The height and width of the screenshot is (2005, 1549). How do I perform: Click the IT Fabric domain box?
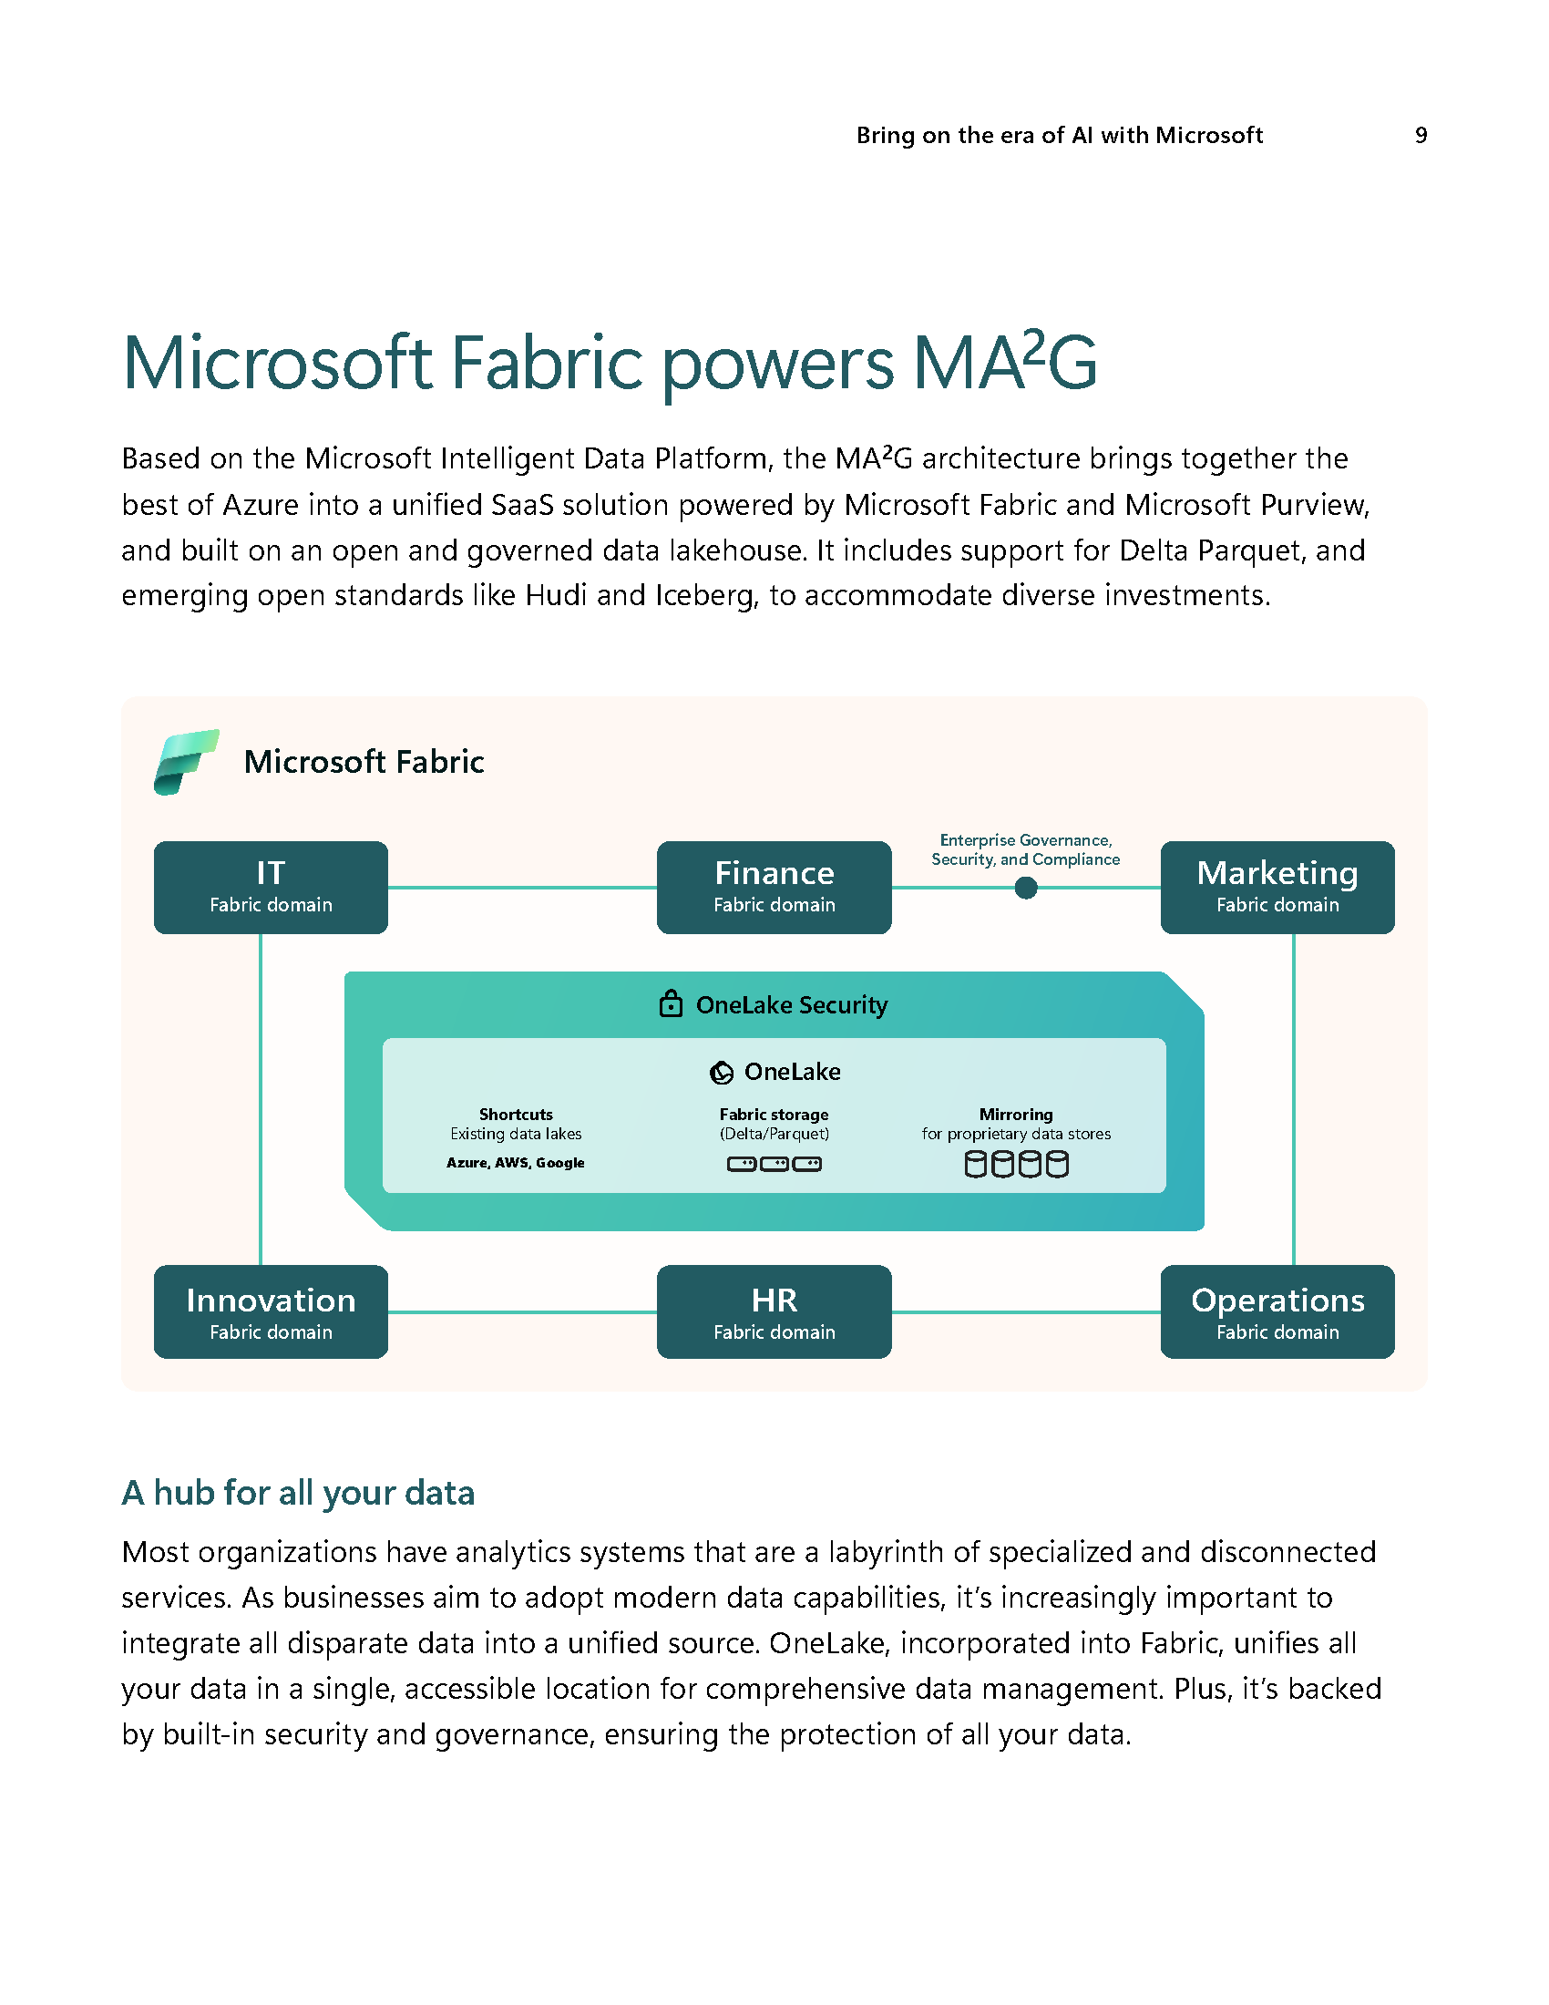click(x=271, y=887)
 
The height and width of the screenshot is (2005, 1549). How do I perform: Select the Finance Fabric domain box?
click(x=774, y=887)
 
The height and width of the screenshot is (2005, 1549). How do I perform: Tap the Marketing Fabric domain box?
click(x=1277, y=887)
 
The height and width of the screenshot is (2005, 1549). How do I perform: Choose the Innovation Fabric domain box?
click(x=271, y=1311)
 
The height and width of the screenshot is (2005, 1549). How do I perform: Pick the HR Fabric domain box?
click(x=774, y=1311)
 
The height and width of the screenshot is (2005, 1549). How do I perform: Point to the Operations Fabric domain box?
click(x=1277, y=1311)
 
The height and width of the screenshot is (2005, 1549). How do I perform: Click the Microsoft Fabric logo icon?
click(x=186, y=762)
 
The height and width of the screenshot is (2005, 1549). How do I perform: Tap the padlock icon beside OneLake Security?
click(x=671, y=1003)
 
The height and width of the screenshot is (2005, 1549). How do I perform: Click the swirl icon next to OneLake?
click(x=723, y=1072)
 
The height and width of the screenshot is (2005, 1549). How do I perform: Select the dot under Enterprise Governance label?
click(x=1026, y=888)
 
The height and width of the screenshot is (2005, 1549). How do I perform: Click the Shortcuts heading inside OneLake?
click(x=516, y=1115)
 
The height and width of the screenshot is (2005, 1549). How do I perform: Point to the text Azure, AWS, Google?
click(x=516, y=1162)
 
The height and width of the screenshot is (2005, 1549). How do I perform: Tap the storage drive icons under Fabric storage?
click(x=774, y=1164)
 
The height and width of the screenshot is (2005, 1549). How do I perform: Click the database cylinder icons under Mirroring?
click(x=1016, y=1164)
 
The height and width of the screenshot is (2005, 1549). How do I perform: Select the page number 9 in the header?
click(x=1421, y=136)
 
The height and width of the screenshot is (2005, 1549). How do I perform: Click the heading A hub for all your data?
click(x=298, y=1493)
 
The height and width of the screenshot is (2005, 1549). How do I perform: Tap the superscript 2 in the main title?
click(x=1034, y=347)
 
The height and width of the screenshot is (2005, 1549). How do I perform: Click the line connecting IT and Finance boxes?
click(x=522, y=888)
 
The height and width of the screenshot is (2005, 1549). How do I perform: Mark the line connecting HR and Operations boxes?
click(x=1025, y=1311)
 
